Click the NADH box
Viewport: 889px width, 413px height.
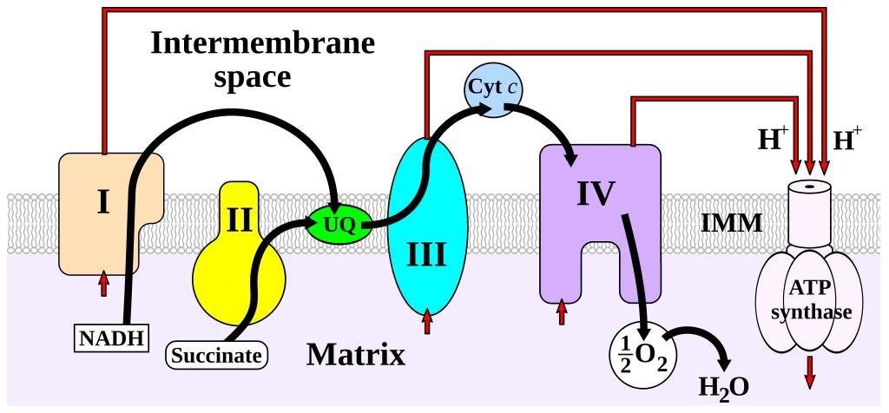point(110,337)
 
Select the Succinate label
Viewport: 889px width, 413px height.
point(216,355)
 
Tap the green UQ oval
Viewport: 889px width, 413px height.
point(339,225)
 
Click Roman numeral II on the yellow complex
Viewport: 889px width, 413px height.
point(239,220)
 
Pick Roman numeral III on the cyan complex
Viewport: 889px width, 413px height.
point(427,255)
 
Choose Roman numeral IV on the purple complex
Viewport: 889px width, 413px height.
point(596,193)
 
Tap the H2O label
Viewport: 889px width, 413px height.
point(723,385)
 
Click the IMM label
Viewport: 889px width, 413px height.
point(731,224)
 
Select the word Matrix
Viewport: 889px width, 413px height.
point(356,354)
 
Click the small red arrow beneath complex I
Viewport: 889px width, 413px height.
point(103,283)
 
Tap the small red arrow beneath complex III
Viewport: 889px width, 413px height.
point(427,322)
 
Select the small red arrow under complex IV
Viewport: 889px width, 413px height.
point(562,311)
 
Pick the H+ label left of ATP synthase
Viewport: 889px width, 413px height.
point(772,140)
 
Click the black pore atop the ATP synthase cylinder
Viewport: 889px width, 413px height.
point(811,186)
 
